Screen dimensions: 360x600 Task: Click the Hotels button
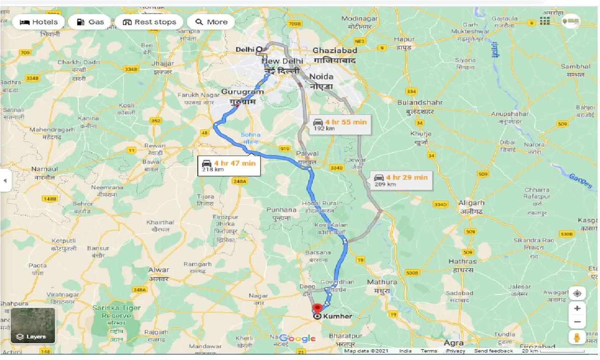(38, 22)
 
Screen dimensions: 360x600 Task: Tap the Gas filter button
(90, 22)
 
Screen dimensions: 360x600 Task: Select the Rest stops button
(150, 22)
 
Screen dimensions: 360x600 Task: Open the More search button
(211, 22)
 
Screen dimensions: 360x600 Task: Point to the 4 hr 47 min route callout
(228, 165)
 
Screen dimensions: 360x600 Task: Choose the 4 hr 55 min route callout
(340, 124)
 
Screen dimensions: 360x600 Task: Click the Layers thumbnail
(33, 325)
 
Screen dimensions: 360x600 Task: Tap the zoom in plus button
(577, 308)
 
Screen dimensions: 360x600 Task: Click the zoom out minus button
(577, 322)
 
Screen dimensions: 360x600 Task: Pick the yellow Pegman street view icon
(577, 337)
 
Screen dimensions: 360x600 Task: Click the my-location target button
(577, 293)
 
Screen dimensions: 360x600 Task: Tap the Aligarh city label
(472, 203)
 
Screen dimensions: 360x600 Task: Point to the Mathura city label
(382, 282)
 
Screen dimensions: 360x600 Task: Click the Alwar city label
(158, 270)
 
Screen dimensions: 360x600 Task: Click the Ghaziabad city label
(335, 51)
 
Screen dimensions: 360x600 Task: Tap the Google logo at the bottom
(299, 338)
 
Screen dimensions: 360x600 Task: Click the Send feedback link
(493, 351)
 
